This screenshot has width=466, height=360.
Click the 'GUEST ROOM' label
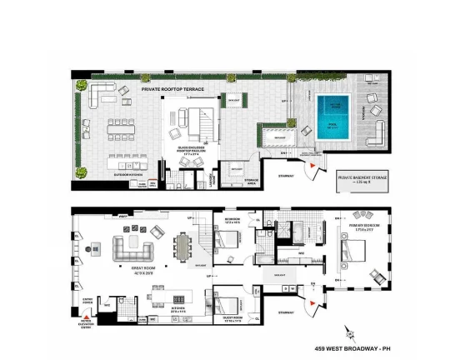pyautogui.click(x=227, y=319)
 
